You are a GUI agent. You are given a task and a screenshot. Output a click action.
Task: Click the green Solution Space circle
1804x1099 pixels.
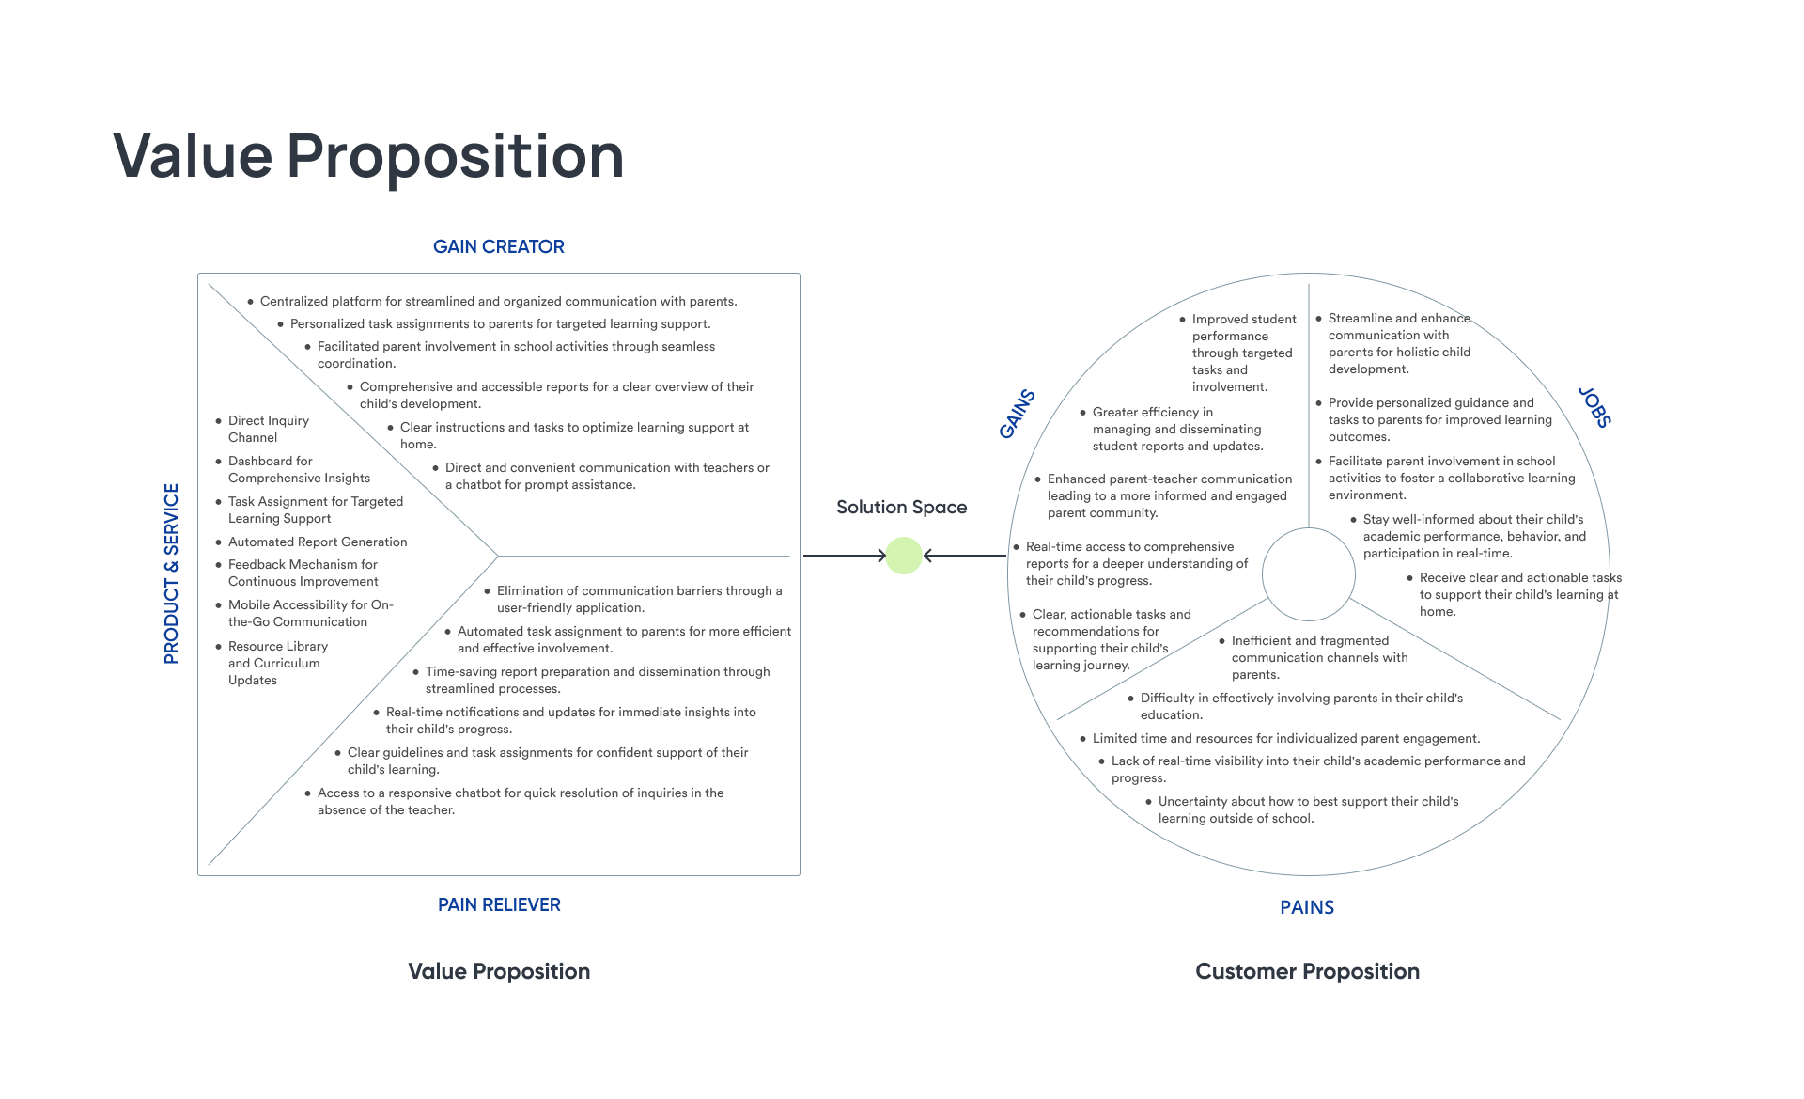pos(904,556)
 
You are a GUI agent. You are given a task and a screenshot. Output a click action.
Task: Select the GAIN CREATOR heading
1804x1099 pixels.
pos(498,246)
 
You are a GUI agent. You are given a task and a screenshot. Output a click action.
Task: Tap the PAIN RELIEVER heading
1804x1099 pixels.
pos(499,904)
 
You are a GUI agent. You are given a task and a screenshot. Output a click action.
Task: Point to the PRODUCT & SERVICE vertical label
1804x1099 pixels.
pos(171,573)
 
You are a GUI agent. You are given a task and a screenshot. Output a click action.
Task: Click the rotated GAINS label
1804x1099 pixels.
pos(1017,414)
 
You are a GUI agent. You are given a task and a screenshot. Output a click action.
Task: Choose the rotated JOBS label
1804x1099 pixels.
pos(1594,407)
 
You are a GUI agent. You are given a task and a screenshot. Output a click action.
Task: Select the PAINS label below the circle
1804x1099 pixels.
pos(1307,907)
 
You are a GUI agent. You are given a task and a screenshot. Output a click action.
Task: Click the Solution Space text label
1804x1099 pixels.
pos(901,507)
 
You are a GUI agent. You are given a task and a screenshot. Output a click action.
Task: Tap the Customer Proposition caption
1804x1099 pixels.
pos(1307,971)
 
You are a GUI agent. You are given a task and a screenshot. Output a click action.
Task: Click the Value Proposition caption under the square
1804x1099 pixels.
pos(499,971)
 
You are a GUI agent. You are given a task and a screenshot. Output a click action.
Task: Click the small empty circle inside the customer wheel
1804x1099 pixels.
pos(1309,573)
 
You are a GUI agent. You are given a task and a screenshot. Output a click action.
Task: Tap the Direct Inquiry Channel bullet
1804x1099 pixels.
pos(268,429)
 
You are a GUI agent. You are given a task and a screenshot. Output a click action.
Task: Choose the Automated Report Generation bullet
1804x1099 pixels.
pos(318,542)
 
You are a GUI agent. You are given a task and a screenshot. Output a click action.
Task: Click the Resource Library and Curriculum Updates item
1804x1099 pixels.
pos(277,663)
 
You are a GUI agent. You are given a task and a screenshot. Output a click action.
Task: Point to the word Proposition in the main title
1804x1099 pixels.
pos(455,156)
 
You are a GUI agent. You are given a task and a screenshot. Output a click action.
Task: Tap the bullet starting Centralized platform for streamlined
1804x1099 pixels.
pos(498,301)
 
